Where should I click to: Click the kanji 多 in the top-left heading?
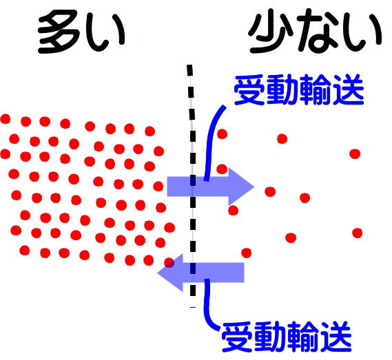tap(59, 32)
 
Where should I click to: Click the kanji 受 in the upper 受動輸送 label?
tap(249, 89)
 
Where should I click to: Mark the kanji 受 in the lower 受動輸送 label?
tap(238, 337)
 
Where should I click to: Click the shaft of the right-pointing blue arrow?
tap(198, 187)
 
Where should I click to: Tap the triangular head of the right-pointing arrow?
tap(240, 187)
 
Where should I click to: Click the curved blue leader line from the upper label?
tap(212, 142)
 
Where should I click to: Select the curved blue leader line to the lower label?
tap(208, 306)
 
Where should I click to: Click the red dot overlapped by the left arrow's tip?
tap(169, 263)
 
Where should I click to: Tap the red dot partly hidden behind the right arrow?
tap(222, 169)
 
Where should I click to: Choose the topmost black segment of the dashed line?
tap(190, 70)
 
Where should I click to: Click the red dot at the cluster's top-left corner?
tap(5, 118)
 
